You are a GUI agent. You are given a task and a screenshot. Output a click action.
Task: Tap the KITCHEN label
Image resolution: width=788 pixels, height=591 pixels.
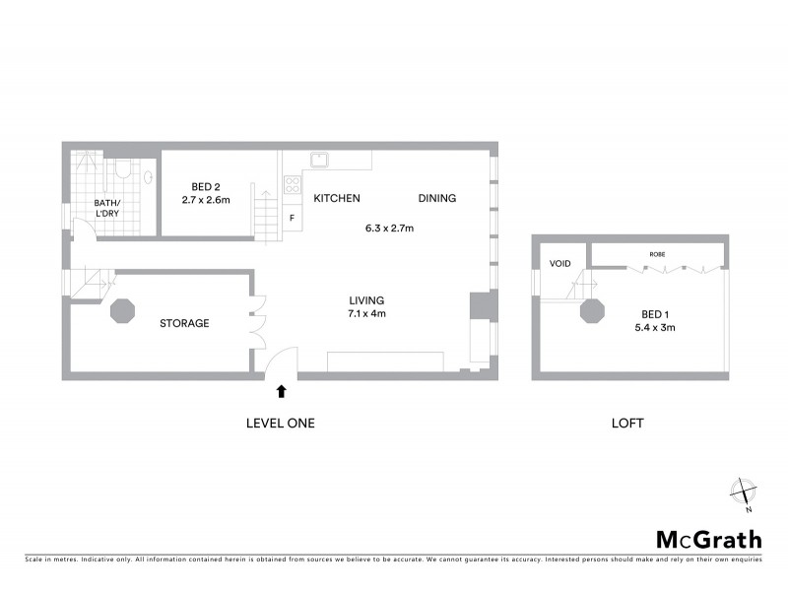click(x=337, y=198)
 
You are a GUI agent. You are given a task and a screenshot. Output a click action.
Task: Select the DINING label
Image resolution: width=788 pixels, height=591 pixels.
click(x=437, y=198)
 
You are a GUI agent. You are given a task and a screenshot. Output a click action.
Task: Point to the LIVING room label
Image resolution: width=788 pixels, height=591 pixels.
click(x=366, y=300)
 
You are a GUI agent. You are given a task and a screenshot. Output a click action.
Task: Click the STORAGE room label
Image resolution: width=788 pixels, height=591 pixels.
click(x=184, y=323)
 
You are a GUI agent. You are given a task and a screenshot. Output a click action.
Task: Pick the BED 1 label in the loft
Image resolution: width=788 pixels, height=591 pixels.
click(x=649, y=315)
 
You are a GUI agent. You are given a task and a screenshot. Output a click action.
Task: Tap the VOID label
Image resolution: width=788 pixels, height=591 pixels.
click(x=560, y=263)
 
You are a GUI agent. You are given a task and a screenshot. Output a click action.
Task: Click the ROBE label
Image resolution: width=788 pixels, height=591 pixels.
click(x=656, y=255)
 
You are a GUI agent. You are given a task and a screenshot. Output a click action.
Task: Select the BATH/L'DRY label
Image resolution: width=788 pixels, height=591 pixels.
click(x=105, y=210)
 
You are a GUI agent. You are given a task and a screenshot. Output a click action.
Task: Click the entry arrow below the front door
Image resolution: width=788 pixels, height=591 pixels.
click(x=282, y=391)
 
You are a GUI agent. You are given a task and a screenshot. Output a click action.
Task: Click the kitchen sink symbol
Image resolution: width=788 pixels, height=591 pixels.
click(x=319, y=160)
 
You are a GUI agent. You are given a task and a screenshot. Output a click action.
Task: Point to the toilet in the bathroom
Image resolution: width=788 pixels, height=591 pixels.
click(x=123, y=168)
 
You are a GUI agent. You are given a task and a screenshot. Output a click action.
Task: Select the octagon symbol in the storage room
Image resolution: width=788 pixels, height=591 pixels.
click(x=123, y=311)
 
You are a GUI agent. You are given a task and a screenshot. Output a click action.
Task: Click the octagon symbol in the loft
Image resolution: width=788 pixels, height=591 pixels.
click(x=592, y=311)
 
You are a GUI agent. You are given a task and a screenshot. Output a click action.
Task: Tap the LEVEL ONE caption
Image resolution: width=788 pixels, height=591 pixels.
click(x=280, y=423)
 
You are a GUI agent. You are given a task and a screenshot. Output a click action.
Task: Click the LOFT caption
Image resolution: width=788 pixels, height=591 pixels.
click(x=626, y=423)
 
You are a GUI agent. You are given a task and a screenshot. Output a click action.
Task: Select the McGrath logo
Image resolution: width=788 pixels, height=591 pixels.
click(x=709, y=539)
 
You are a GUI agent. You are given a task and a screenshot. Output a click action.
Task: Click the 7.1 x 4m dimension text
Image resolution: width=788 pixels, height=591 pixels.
click(x=366, y=314)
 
